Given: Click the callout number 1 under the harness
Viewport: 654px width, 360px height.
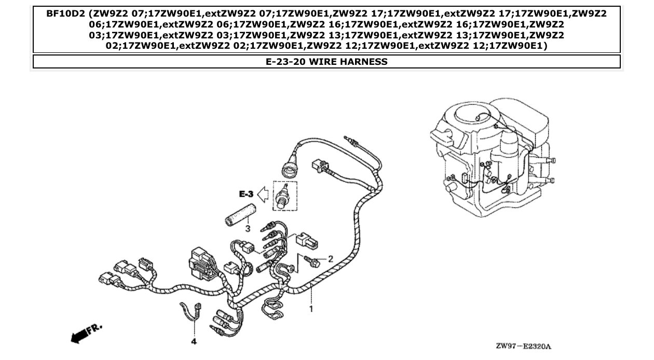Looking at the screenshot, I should click(311, 309).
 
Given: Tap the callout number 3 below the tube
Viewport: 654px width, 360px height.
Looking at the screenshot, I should click(248, 228).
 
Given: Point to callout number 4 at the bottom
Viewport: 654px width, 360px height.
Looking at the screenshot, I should click(194, 342).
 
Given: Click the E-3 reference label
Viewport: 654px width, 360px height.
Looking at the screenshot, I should click(246, 194).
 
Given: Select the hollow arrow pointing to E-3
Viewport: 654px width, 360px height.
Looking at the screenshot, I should click(264, 194).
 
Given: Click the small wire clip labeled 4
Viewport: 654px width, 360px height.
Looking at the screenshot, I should click(191, 310).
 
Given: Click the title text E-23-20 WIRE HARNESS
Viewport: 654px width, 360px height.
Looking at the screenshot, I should click(326, 62).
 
